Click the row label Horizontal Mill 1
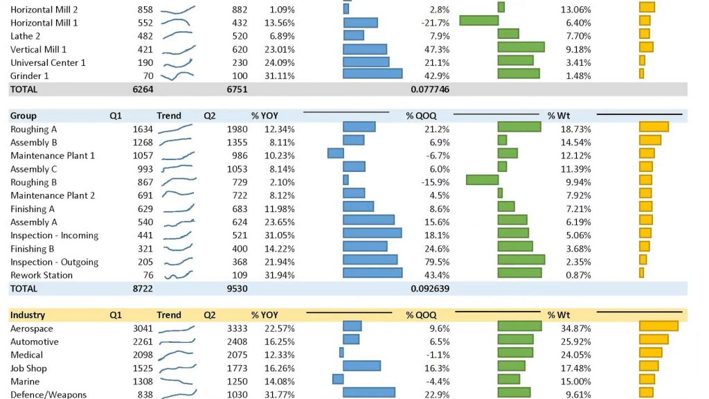[x=44, y=23]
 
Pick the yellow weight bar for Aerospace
[x=658, y=326]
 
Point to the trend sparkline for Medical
[x=177, y=355]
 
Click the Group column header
[x=24, y=116]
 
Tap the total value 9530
[x=237, y=288]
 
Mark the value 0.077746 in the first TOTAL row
[x=429, y=89]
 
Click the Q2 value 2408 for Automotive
[x=237, y=342]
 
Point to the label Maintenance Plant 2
[x=53, y=196]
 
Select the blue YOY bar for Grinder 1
[x=373, y=73]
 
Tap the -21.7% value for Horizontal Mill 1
[x=436, y=23]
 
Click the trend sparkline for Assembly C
[x=177, y=168]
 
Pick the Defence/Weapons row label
[x=48, y=394]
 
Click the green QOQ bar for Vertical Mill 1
[x=521, y=47]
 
